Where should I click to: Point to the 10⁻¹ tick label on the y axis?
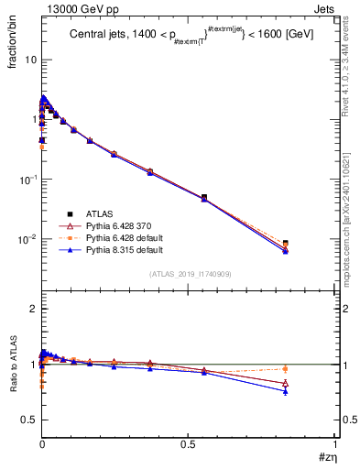pos(25,180)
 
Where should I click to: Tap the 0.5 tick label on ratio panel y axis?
pos(27,420)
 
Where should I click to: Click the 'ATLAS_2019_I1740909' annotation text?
pos(189,274)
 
